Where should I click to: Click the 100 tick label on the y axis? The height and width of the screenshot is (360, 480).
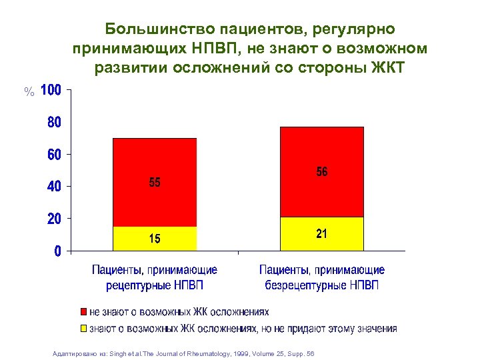pos(51,90)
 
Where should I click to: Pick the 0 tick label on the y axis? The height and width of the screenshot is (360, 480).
pos(58,251)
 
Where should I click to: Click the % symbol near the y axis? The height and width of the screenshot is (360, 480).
pos(29,92)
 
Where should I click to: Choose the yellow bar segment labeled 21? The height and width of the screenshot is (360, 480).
pos(322,234)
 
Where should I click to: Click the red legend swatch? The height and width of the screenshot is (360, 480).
pos(83,312)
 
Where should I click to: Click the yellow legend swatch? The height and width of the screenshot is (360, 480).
pos(83,328)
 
